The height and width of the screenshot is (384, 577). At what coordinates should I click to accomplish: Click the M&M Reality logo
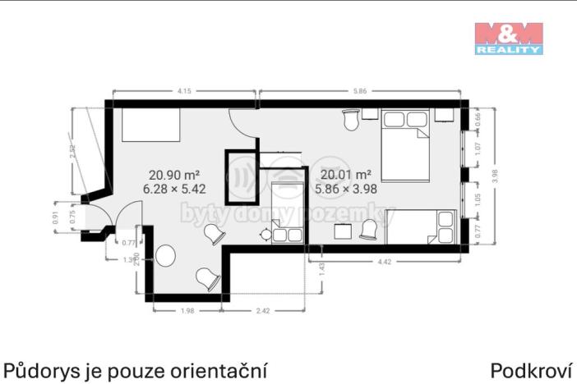pyautogui.click(x=509, y=38)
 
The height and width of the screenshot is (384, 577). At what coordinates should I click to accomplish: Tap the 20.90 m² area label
pyautogui.click(x=174, y=174)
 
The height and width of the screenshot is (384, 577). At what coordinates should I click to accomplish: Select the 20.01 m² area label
pyautogui.click(x=346, y=174)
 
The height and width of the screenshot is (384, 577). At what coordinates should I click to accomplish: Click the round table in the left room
pyautogui.click(x=164, y=256)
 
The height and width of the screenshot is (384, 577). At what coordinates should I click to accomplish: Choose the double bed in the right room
pyautogui.click(x=404, y=145)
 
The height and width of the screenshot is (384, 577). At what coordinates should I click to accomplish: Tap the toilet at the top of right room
pyautogui.click(x=351, y=120)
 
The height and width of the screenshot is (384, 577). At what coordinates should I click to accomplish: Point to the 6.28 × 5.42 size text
pyautogui.click(x=174, y=189)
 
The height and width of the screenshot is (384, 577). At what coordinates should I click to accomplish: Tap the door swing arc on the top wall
pyautogui.click(x=244, y=125)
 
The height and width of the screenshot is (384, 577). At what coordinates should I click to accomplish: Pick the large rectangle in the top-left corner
pyautogui.click(x=151, y=126)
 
